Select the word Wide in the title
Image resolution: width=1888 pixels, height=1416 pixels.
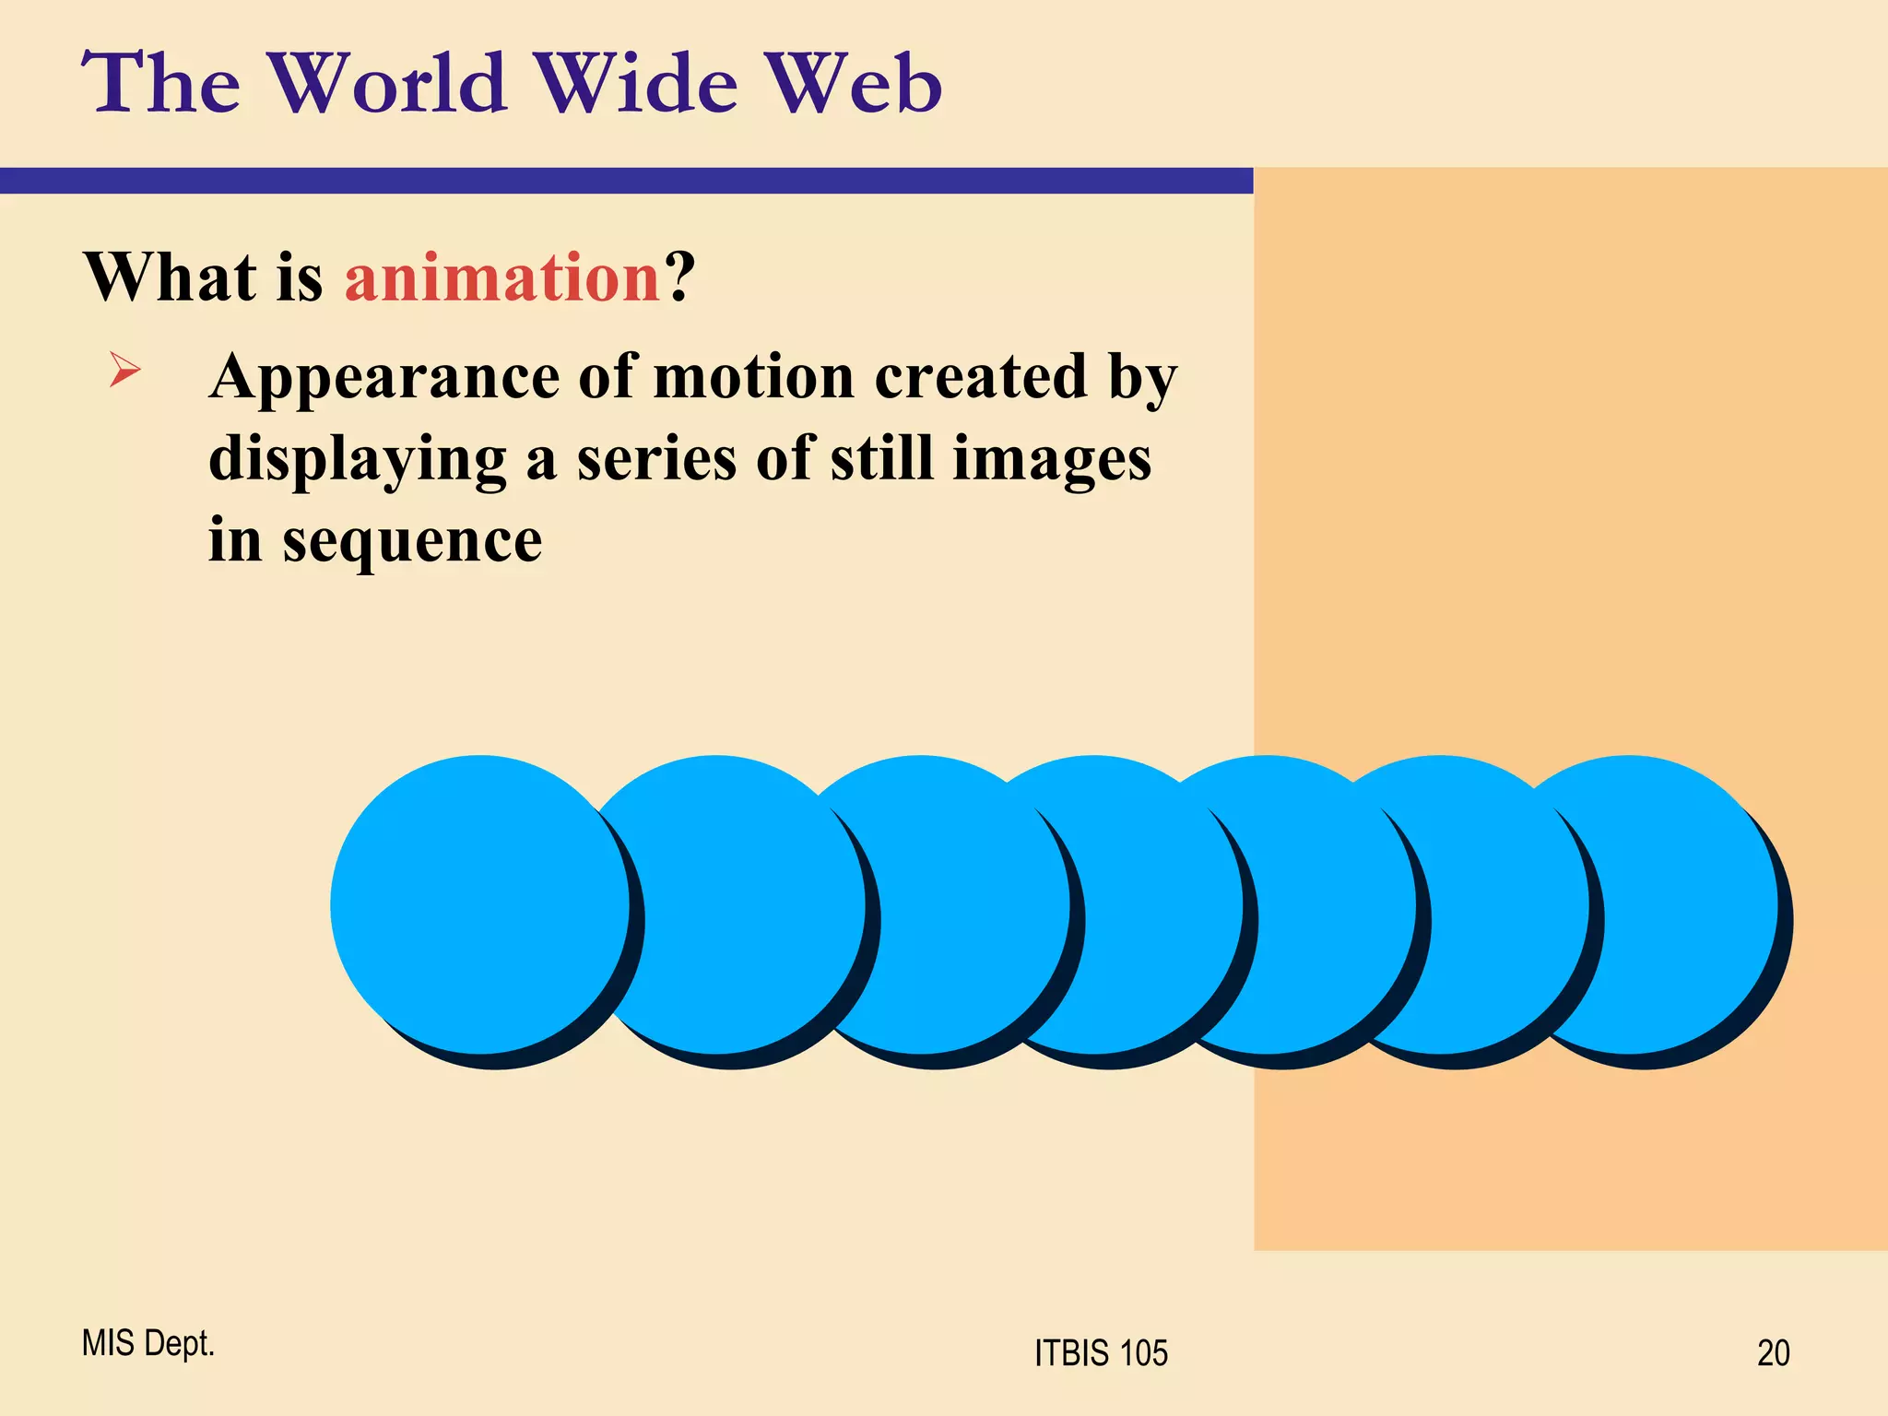tap(637, 84)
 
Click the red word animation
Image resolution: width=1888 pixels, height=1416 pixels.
tap(502, 277)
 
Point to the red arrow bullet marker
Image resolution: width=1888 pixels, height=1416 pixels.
tap(125, 370)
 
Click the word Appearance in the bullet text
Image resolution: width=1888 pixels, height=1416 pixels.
tap(384, 378)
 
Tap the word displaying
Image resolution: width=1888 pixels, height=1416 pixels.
tap(358, 460)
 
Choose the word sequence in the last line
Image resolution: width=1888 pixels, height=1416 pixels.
tap(412, 542)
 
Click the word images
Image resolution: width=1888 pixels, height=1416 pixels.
tap(1052, 460)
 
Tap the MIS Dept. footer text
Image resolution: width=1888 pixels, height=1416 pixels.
tap(148, 1343)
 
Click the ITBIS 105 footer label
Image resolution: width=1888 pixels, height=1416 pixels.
tap(1101, 1353)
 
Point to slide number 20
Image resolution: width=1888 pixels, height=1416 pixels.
tap(1773, 1353)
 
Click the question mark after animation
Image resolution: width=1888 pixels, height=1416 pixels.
tap(680, 277)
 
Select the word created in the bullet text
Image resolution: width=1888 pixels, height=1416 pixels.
tap(981, 377)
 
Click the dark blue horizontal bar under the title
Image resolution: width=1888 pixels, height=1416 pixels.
tap(627, 181)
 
